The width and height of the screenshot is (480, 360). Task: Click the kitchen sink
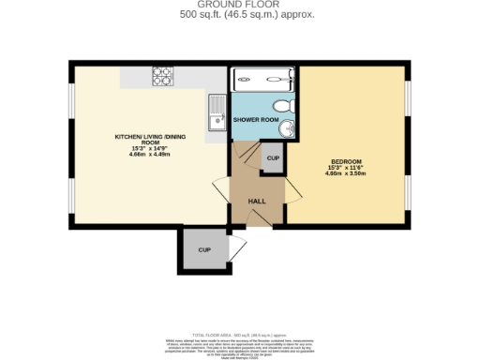coord(216,112)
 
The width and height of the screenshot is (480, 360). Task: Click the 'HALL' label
coord(256,201)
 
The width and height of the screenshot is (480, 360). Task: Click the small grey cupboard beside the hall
coord(273,158)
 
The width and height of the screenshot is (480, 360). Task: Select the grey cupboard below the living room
coord(204,251)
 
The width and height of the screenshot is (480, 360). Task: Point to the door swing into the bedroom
coord(292,192)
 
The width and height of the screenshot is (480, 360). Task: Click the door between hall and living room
coord(221,188)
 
